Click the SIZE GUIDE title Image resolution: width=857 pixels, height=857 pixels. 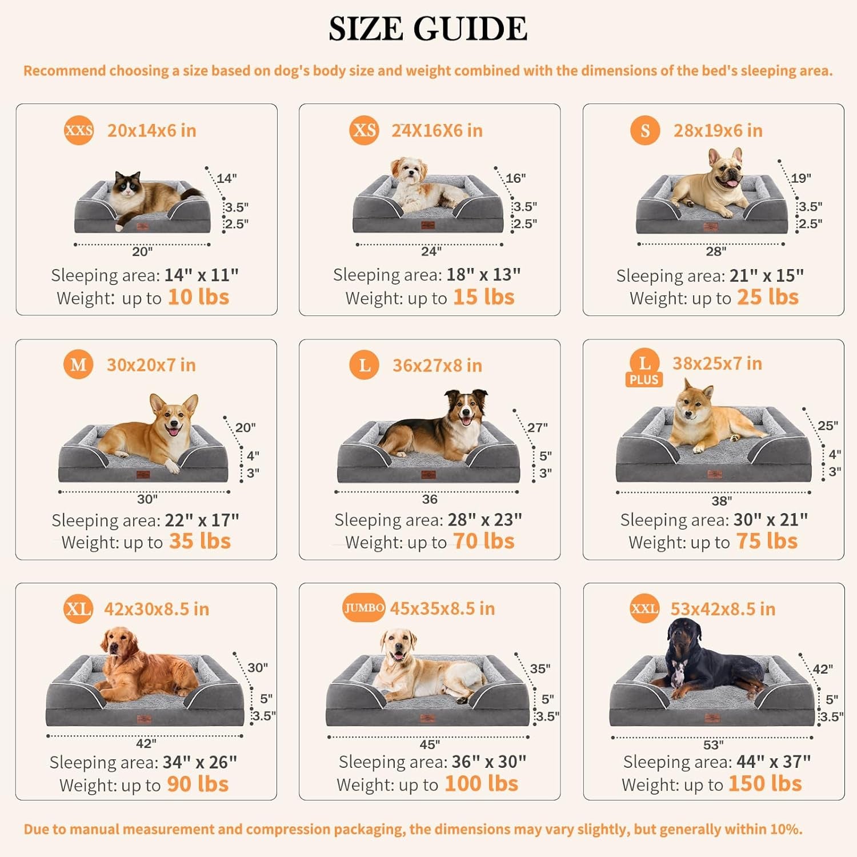point(428,29)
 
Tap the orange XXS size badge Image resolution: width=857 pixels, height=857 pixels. point(79,130)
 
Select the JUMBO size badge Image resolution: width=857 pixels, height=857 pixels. point(364,608)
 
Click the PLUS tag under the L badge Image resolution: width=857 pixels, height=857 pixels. point(644,380)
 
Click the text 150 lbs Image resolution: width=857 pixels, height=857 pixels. point(765,784)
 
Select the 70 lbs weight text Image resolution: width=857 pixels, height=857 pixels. point(483,541)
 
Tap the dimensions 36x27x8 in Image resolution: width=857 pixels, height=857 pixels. point(437,366)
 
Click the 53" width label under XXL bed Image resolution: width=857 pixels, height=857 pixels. point(713,745)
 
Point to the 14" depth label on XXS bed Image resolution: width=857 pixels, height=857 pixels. point(226,178)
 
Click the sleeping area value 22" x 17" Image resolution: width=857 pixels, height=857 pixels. point(202,520)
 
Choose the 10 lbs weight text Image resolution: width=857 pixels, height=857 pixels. point(198,297)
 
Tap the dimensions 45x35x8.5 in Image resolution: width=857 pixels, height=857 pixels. point(442,608)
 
